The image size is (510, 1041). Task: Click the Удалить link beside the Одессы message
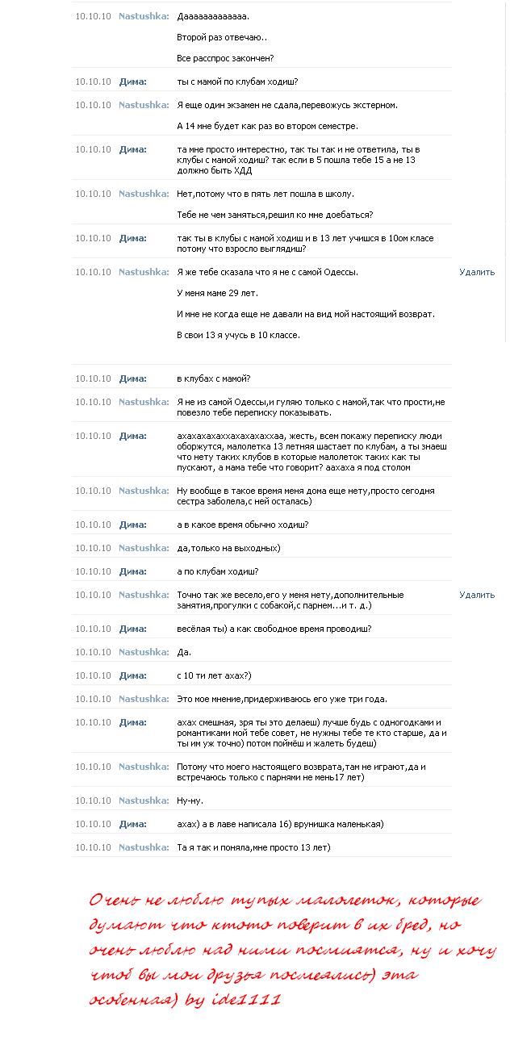tap(477, 272)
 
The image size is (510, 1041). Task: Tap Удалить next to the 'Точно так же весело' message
tap(477, 595)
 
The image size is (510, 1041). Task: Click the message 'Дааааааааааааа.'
tap(213, 16)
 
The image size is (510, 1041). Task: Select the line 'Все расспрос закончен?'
tap(225, 58)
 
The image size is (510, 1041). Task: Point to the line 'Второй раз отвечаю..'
tap(222, 37)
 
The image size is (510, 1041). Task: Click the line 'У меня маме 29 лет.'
tap(217, 293)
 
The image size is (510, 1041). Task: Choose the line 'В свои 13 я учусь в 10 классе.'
tap(238, 335)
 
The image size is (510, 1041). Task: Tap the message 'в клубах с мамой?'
tap(214, 378)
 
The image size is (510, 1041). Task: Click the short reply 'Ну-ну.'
tap(190, 801)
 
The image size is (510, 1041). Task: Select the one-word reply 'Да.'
tap(184, 652)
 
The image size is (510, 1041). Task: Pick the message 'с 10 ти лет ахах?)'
tap(214, 675)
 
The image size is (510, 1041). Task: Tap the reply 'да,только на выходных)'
tap(228, 548)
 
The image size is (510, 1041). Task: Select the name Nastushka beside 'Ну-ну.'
tap(144, 801)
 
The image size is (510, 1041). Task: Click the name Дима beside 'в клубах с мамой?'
tap(132, 378)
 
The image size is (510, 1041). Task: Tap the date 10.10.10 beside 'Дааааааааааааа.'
tap(93, 16)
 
